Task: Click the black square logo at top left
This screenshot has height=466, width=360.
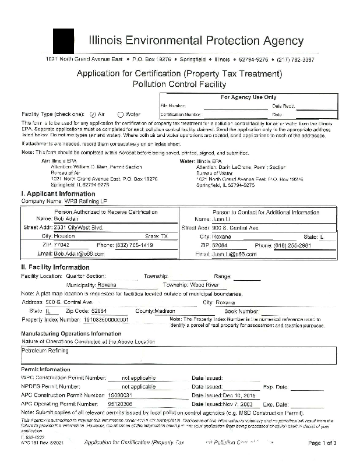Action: click(x=63, y=41)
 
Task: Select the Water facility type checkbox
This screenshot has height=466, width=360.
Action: click(x=121, y=114)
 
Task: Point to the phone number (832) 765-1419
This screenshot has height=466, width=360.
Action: click(x=134, y=245)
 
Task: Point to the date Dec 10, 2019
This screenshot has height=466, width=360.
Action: click(x=239, y=394)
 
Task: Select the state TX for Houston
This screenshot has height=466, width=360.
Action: click(x=164, y=236)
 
